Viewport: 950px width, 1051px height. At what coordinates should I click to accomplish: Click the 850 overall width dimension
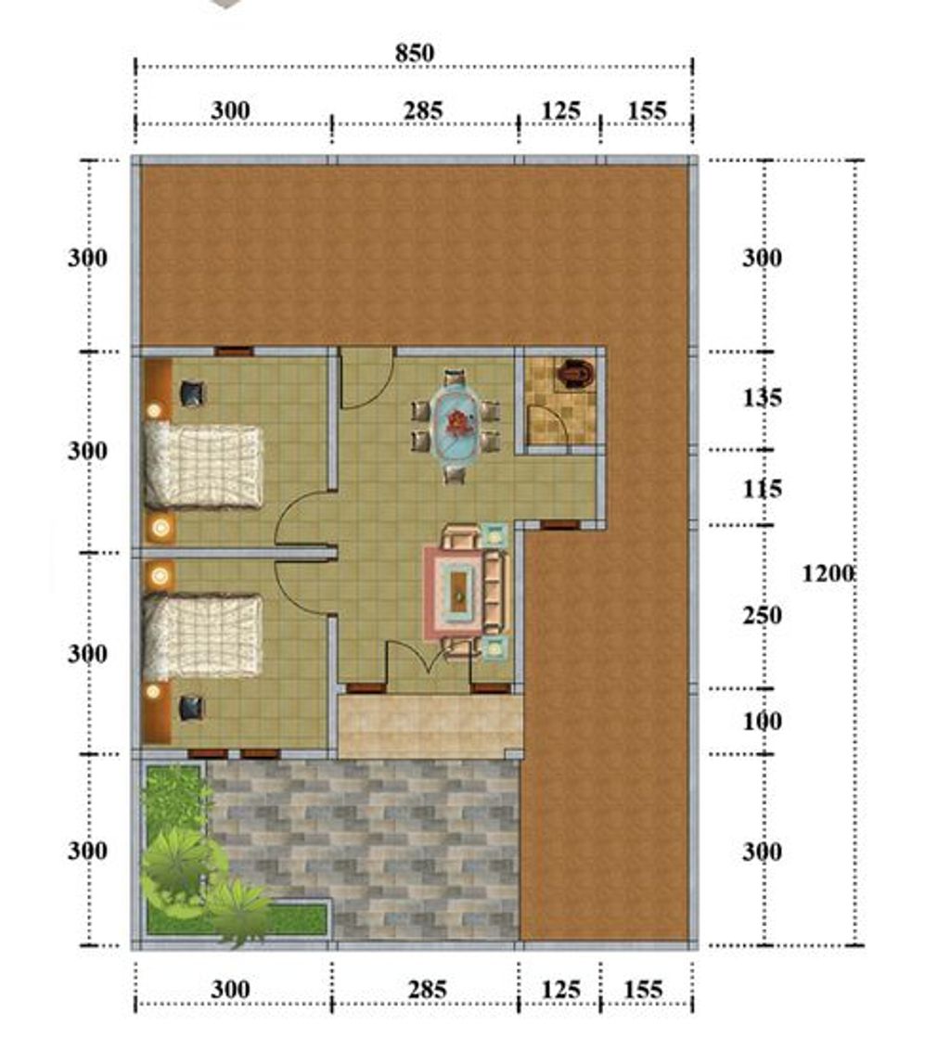coord(415,53)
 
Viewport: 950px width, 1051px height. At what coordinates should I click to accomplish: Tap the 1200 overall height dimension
coord(828,574)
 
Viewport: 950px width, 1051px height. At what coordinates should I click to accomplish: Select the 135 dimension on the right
coord(763,398)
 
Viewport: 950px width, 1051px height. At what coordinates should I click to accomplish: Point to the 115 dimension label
coord(763,489)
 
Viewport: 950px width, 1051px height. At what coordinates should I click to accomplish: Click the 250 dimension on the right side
coord(763,616)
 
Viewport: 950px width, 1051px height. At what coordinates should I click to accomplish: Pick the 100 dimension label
coord(763,722)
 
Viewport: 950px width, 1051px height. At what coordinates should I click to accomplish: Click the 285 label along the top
coord(423,110)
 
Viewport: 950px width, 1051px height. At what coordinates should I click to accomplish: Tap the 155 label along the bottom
coord(644,990)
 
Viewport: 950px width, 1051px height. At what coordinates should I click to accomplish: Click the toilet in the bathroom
coord(573,373)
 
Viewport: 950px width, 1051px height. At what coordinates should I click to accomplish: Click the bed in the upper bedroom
coord(202,467)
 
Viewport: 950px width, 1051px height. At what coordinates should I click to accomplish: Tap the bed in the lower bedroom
coord(202,636)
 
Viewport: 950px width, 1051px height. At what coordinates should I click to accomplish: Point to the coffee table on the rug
coord(459,590)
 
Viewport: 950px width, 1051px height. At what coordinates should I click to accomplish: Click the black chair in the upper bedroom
coord(192,394)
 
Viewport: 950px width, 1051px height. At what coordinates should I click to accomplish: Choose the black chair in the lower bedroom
coord(192,709)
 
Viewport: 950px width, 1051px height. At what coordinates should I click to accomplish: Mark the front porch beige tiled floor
coord(430,727)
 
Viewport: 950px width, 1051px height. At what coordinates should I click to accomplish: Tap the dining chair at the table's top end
coord(455,378)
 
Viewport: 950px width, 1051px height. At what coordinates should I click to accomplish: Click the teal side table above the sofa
coord(494,534)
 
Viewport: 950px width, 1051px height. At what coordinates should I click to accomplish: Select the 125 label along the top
coord(560,110)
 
